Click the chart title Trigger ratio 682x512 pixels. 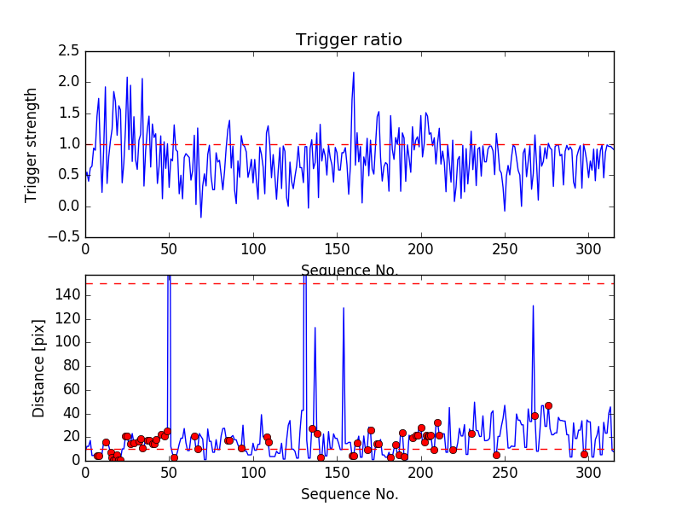tap(349, 40)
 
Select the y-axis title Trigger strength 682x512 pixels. tap(32, 144)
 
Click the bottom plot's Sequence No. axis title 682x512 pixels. tap(349, 494)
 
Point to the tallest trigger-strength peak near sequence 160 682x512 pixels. tap(354, 73)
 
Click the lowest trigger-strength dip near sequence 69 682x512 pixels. tap(201, 217)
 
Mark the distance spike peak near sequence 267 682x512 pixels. tap(533, 305)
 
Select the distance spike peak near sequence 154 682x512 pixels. tap(344, 308)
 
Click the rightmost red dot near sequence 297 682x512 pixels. tap(584, 454)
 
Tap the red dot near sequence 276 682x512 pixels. tap(548, 405)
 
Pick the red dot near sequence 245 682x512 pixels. tap(496, 455)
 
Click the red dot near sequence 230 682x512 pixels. tap(471, 433)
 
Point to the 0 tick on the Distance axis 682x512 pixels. tap(75, 460)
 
